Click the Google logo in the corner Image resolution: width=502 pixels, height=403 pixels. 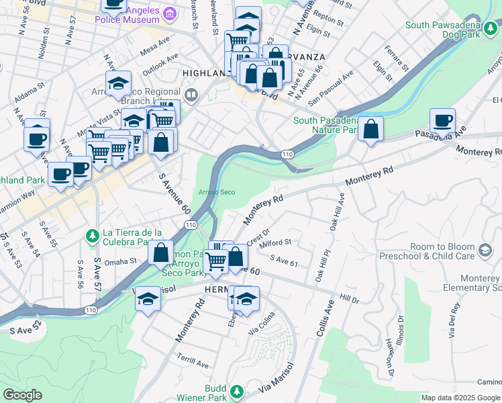[22, 395]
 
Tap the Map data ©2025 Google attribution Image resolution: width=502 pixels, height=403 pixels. [460, 398]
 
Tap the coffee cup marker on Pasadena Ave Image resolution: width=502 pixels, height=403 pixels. [442, 122]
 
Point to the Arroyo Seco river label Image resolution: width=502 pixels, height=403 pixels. [217, 192]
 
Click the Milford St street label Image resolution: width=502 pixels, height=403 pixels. [276, 242]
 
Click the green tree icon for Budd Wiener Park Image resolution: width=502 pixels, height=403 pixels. [236, 391]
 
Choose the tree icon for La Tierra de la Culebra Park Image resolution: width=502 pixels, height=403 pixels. [93, 235]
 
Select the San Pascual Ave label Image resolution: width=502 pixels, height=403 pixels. [330, 88]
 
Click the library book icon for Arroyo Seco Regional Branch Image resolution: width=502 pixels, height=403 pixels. [193, 95]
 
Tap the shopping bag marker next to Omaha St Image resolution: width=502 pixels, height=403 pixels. [160, 254]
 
